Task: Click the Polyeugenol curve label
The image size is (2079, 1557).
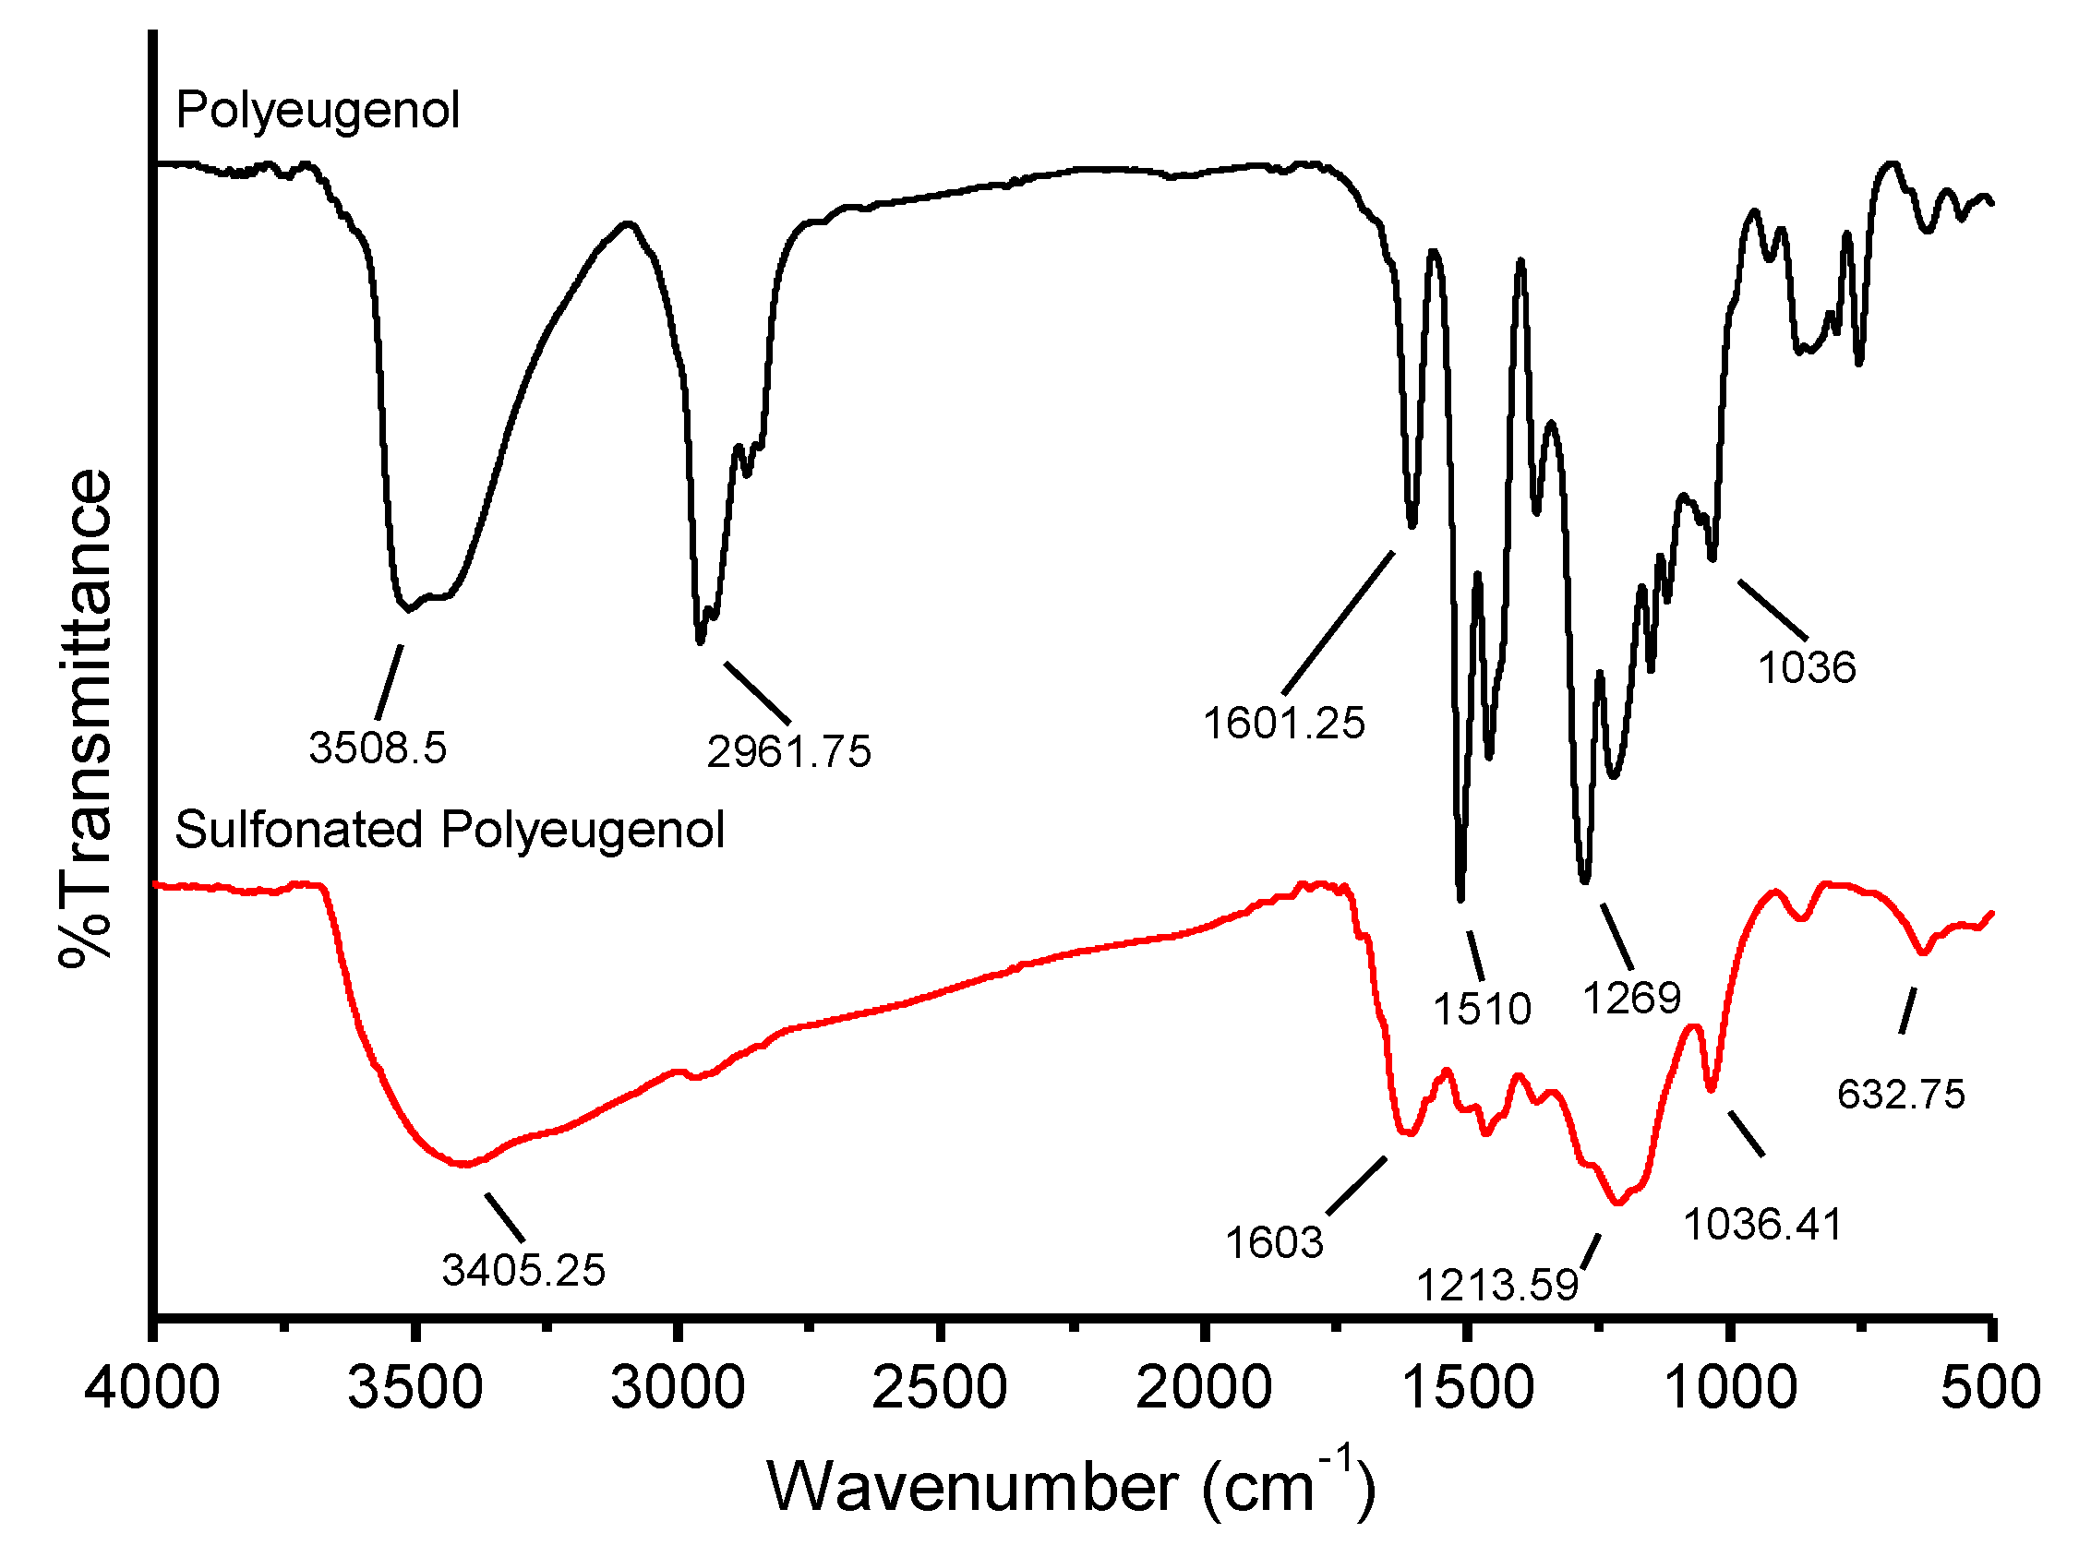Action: [x=318, y=110]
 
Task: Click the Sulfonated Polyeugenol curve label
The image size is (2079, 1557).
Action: [x=450, y=830]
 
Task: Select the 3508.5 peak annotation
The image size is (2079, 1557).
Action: [x=378, y=749]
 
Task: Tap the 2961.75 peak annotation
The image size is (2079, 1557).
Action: [x=788, y=751]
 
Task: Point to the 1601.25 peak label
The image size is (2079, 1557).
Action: [x=1284, y=724]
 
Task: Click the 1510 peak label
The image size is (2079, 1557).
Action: [x=1483, y=1009]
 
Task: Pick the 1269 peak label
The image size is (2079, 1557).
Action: [x=1632, y=997]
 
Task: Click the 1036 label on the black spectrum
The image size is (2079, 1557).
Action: [x=1807, y=668]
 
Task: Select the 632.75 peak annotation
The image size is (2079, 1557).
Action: [x=1902, y=1095]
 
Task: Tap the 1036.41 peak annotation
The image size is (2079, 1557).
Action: [x=1762, y=1225]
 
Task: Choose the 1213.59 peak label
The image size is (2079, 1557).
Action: [x=1497, y=1286]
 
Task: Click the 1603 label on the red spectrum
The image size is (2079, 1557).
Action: [x=1274, y=1243]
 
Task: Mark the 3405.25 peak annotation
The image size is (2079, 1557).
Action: [x=523, y=1270]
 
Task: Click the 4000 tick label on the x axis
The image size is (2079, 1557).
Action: [x=152, y=1388]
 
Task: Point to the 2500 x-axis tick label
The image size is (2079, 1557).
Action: [x=939, y=1388]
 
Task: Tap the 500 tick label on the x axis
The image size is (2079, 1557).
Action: [x=1990, y=1388]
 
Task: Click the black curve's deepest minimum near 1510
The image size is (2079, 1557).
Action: [x=1460, y=897]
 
